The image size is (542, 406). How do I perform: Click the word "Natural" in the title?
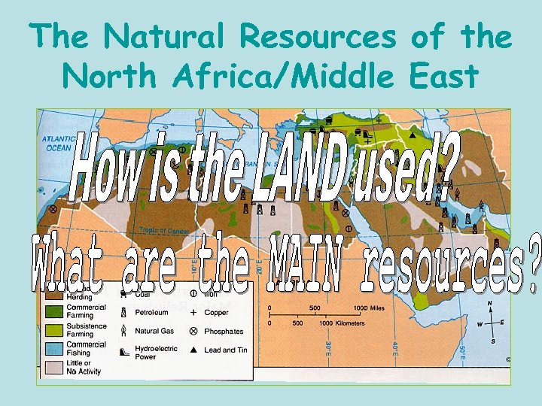(x=171, y=37)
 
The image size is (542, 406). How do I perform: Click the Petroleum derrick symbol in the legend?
(x=123, y=311)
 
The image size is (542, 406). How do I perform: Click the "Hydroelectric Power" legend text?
(x=157, y=353)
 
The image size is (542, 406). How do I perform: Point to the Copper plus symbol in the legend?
(x=193, y=311)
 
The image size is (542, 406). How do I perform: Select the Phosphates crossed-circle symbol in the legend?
(x=193, y=331)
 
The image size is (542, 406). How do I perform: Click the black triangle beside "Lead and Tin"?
(x=193, y=350)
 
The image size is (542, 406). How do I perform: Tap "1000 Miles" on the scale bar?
(x=370, y=308)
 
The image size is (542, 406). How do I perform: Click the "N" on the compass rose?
(x=491, y=304)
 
